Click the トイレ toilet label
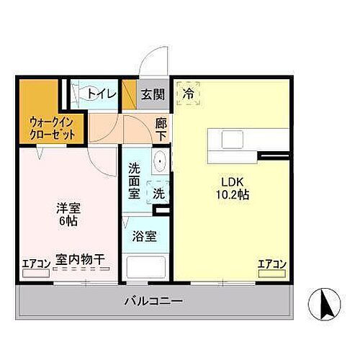(99, 94)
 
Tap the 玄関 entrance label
(152, 94)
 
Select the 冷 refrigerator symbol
(189, 93)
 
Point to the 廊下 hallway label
(161, 129)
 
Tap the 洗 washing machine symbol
(158, 194)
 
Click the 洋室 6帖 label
(69, 215)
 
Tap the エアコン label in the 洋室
(36, 264)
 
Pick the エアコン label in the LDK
(272, 264)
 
